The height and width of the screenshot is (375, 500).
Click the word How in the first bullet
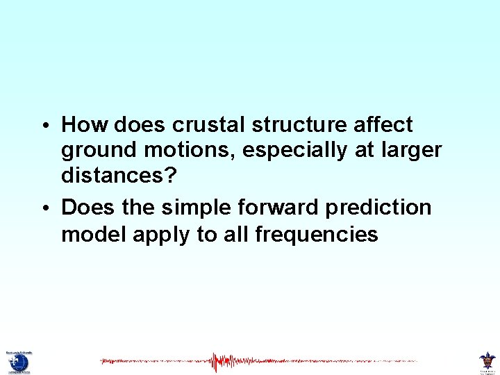click(x=85, y=125)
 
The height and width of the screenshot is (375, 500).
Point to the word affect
click(x=385, y=125)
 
